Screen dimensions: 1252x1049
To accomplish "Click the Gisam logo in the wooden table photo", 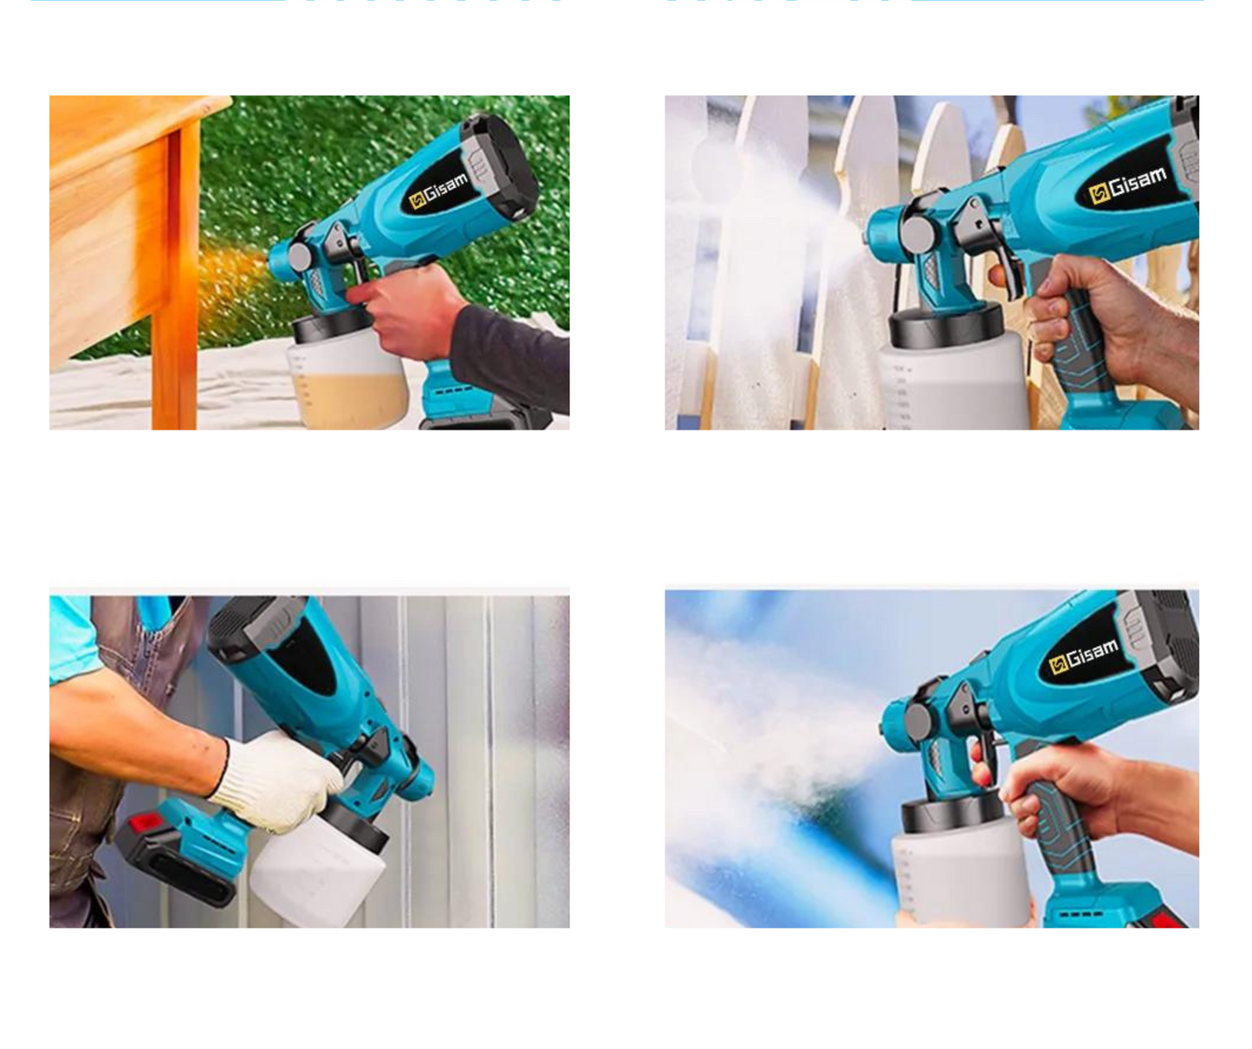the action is click(438, 190).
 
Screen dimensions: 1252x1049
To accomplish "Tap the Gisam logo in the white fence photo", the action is click(1127, 185).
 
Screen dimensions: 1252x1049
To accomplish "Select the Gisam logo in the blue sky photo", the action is click(1084, 656).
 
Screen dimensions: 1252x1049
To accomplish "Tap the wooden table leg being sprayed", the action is click(174, 275).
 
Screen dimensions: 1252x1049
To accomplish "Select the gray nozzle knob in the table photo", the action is click(300, 257).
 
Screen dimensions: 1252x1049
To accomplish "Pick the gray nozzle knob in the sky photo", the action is click(918, 720).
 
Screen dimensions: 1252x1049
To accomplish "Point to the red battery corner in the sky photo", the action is click(1168, 917).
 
